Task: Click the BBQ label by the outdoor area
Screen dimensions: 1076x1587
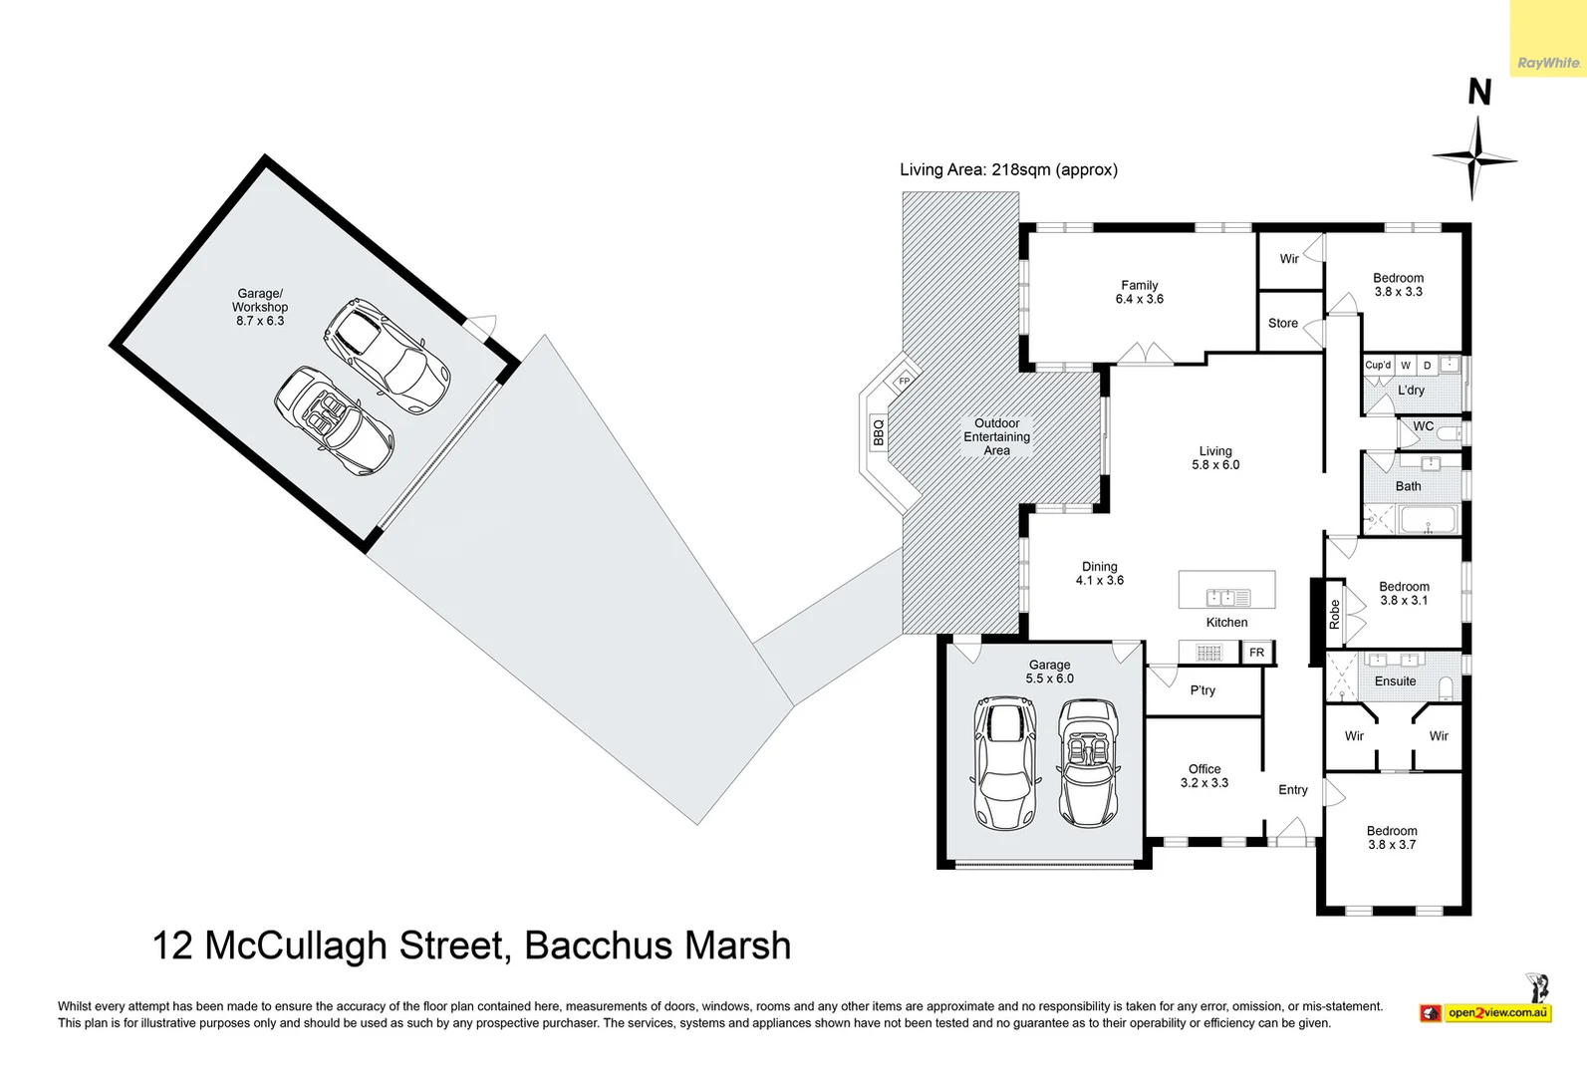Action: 879,432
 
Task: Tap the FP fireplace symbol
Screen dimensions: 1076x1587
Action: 905,381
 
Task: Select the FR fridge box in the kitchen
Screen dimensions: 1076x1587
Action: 1256,653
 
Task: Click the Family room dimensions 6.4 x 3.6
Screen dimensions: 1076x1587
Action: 1139,299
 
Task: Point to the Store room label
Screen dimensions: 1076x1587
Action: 1282,323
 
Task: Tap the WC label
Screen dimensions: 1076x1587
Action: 1423,425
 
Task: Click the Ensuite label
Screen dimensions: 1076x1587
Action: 1395,681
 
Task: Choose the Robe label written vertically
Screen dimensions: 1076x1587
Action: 1334,614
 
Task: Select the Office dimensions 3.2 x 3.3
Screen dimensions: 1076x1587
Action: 1203,783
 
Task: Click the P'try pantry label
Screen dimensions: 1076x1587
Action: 1202,690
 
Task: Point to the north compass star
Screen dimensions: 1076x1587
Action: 1474,158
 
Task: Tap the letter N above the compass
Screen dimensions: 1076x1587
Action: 1479,93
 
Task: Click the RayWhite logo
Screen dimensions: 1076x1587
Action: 1548,63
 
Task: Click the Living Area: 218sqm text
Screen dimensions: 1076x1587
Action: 1008,169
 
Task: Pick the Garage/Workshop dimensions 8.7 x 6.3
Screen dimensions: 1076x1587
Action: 260,321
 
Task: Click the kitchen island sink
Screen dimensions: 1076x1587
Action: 1227,598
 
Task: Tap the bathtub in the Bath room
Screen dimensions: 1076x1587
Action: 1429,520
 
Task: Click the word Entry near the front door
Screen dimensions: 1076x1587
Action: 1292,790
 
